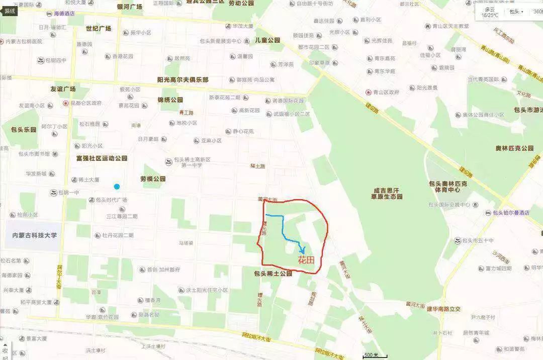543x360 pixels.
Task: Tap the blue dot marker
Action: [117, 187]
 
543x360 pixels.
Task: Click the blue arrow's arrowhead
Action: [302, 251]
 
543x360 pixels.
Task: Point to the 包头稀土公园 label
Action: [273, 274]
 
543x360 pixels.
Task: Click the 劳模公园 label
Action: [153, 178]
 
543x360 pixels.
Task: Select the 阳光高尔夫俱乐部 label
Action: [183, 80]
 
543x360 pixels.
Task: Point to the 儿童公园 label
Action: [267, 40]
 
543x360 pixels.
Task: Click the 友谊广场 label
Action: [63, 89]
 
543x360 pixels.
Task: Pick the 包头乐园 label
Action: [24, 129]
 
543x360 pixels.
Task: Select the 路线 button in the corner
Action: [10, 10]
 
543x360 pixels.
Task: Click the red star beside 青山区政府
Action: [369, 93]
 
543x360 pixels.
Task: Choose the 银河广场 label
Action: [130, 7]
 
